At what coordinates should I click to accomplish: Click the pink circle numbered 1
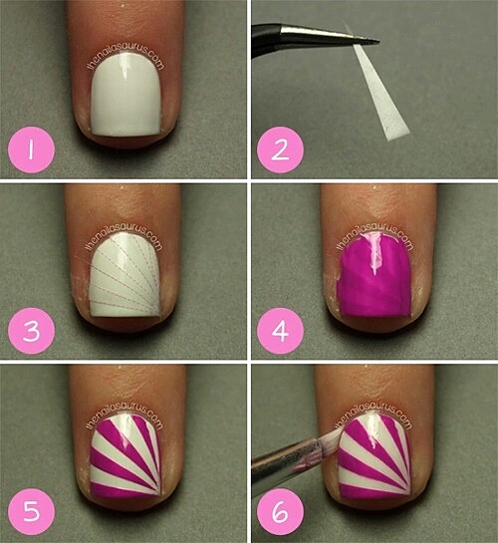click(x=31, y=150)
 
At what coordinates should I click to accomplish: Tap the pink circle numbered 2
click(x=280, y=150)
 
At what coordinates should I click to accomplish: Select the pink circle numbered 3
click(x=31, y=331)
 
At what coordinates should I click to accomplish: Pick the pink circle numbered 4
click(x=280, y=331)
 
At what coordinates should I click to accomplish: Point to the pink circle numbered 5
click(x=31, y=512)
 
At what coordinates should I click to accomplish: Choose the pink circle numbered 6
click(x=280, y=512)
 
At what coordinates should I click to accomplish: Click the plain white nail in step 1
click(x=126, y=94)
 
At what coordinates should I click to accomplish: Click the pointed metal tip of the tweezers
click(x=377, y=42)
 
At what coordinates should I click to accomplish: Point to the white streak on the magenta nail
click(x=373, y=253)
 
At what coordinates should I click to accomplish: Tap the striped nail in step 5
click(x=125, y=457)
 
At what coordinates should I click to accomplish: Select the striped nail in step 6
click(x=374, y=457)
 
